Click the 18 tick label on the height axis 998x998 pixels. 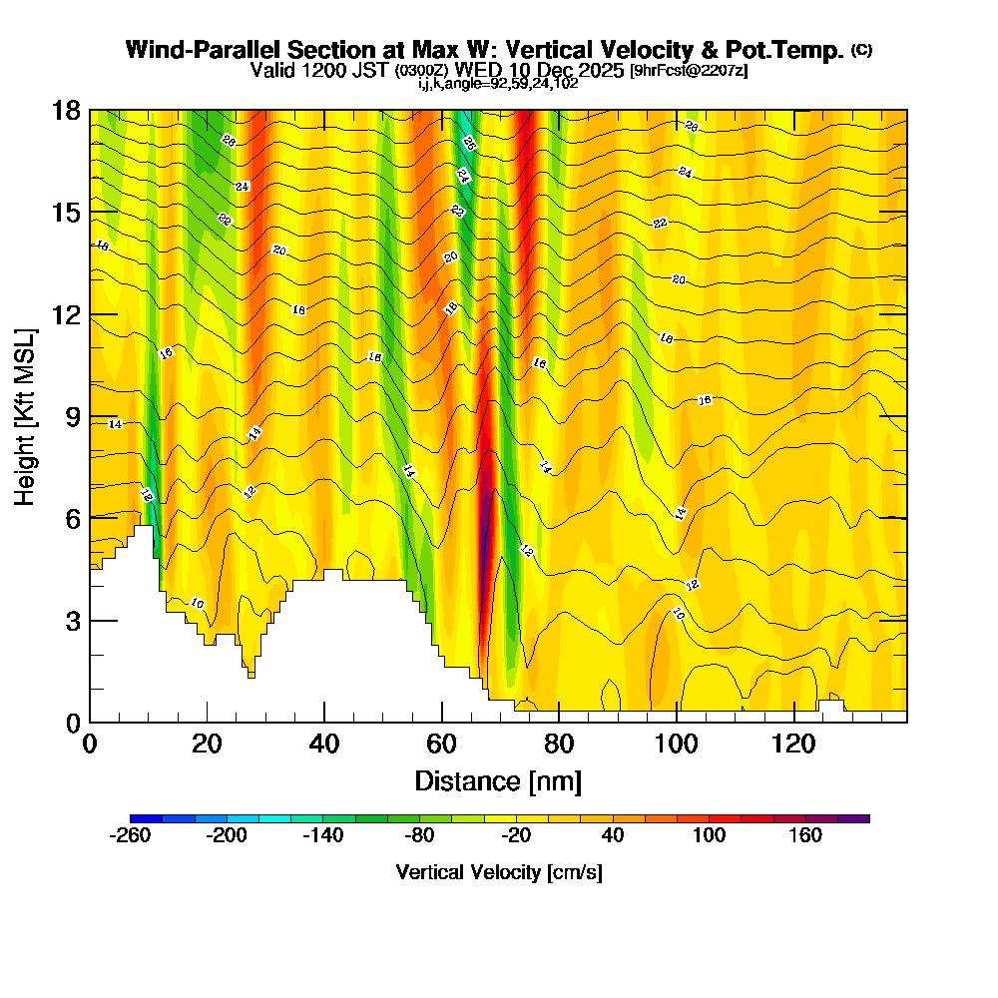[67, 110]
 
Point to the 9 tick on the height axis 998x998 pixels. [90, 416]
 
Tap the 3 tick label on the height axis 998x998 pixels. [72, 621]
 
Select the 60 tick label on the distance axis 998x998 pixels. [441, 744]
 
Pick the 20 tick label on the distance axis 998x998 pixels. [207, 744]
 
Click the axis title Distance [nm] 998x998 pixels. [498, 779]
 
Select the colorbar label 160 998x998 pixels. [805, 836]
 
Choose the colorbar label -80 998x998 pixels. [419, 836]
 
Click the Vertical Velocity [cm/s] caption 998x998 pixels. [499, 872]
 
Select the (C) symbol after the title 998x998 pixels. [861, 50]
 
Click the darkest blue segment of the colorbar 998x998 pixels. [146, 818]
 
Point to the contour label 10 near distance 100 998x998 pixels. [679, 613]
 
